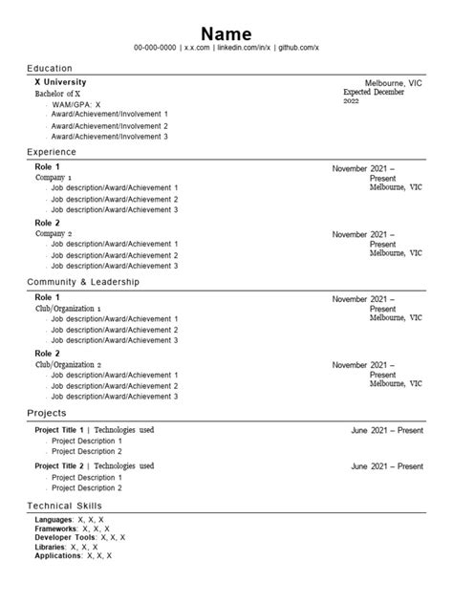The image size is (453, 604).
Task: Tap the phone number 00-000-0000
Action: pyautogui.click(x=154, y=47)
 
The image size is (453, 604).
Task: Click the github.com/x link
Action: pyautogui.click(x=297, y=47)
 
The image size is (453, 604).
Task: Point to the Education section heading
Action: pyautogui.click(x=50, y=69)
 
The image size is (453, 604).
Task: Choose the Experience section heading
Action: pyautogui.click(x=52, y=152)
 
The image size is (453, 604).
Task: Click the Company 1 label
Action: pyautogui.click(x=54, y=178)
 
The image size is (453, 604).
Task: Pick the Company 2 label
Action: pyautogui.click(x=54, y=233)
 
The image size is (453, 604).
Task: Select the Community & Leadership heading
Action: pyautogui.click(x=83, y=283)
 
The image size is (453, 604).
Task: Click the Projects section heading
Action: pyautogui.click(x=47, y=414)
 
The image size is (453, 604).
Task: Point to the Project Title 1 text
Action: pyautogui.click(x=59, y=430)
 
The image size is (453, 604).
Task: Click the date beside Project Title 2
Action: pyautogui.click(x=387, y=466)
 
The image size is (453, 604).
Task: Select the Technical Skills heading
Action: pyautogui.click(x=64, y=505)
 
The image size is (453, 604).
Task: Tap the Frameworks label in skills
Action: pyautogui.click(x=54, y=528)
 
